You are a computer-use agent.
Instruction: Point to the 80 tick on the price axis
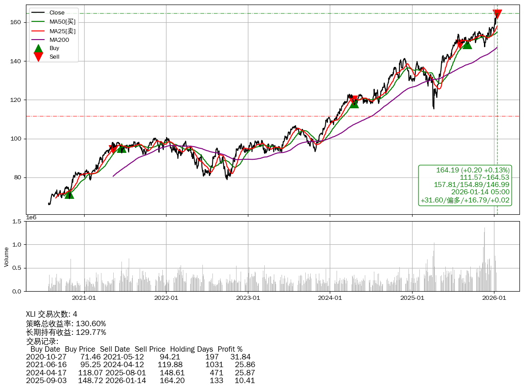click(x=18, y=177)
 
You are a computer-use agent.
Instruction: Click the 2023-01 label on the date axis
click(x=248, y=298)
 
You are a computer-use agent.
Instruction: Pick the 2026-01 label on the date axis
click(x=494, y=298)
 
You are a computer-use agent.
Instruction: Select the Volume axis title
click(x=6, y=257)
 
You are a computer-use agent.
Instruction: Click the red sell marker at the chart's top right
click(x=497, y=14)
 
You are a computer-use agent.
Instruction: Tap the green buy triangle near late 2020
click(x=69, y=194)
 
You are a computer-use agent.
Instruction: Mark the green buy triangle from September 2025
click(x=467, y=44)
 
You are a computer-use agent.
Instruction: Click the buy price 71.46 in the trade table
click(x=89, y=357)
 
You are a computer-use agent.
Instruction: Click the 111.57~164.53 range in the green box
click(x=484, y=177)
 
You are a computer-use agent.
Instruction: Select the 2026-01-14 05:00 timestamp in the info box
click(x=480, y=192)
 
